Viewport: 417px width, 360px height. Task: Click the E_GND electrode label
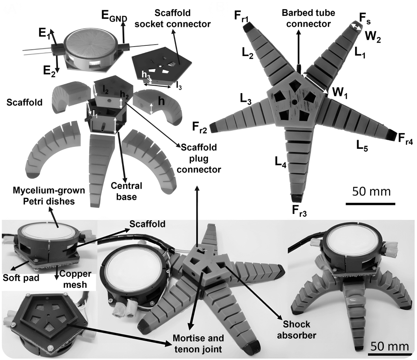[114, 16]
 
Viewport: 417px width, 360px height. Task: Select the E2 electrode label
[49, 71]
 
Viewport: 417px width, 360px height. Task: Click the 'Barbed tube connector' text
[308, 19]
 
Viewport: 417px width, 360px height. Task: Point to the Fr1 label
[241, 17]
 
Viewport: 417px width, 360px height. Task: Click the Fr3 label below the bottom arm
[299, 211]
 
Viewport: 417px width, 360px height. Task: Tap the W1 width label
[339, 93]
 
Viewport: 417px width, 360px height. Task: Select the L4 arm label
[280, 162]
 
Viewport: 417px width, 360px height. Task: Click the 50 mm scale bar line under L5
[370, 204]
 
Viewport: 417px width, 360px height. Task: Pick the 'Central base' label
[126, 191]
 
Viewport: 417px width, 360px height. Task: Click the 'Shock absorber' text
[297, 330]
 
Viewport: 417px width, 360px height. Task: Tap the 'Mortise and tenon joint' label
[198, 343]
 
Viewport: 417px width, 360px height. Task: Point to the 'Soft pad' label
[21, 278]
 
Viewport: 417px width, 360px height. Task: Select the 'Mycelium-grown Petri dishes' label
[49, 196]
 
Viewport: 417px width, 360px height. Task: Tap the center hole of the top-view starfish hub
[294, 102]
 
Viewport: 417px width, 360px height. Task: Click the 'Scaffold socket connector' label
[172, 19]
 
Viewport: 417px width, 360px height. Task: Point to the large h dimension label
[161, 101]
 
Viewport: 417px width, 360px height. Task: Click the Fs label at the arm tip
[365, 19]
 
